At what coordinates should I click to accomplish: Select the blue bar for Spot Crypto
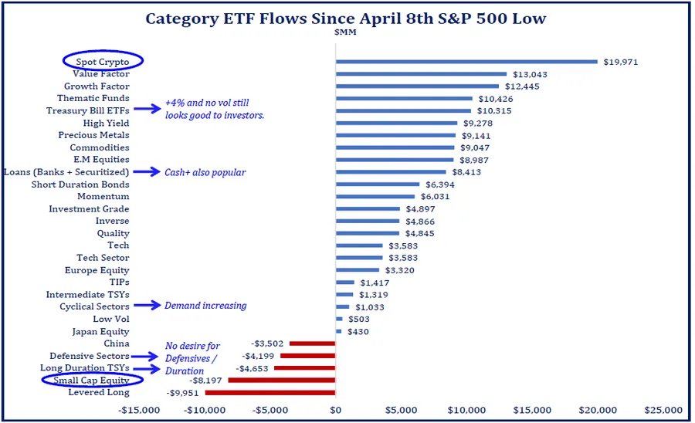pyautogui.click(x=466, y=62)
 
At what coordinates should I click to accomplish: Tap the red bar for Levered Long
pyautogui.click(x=270, y=393)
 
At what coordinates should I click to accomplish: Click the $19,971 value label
pyautogui.click(x=621, y=62)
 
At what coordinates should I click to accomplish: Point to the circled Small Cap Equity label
pyautogui.click(x=92, y=381)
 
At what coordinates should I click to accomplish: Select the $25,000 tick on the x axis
pyautogui.click(x=663, y=409)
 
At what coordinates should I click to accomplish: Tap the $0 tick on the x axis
pyautogui.click(x=336, y=409)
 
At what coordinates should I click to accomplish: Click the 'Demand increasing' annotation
pyautogui.click(x=205, y=306)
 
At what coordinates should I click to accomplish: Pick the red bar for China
pyautogui.click(x=313, y=343)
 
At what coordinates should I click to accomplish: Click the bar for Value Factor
pyautogui.click(x=421, y=74)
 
